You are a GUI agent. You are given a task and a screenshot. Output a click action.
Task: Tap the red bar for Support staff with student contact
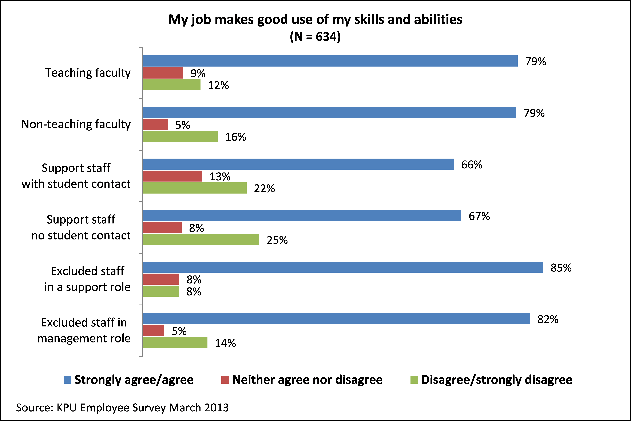[x=172, y=176]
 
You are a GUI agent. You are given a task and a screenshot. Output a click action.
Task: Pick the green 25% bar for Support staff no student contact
[x=201, y=239]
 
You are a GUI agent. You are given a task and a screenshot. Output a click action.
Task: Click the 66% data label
[x=472, y=165]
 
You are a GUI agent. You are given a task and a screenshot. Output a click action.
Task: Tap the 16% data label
[x=235, y=137]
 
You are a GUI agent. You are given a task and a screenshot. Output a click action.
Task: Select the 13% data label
[x=220, y=177]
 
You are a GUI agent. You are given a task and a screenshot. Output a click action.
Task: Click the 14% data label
[x=225, y=343]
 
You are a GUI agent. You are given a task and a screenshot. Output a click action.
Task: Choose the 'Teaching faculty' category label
[x=88, y=73]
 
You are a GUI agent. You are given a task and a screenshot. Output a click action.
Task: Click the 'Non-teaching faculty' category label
[x=76, y=124]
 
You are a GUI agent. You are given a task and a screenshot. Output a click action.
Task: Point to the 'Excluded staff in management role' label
[x=84, y=330]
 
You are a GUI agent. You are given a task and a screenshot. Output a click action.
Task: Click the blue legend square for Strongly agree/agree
[x=68, y=380]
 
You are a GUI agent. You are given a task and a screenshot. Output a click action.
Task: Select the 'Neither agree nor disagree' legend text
[x=307, y=380]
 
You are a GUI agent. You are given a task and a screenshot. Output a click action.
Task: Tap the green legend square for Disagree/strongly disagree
[x=414, y=380]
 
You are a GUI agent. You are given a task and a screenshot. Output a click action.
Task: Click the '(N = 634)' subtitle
[x=315, y=36]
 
